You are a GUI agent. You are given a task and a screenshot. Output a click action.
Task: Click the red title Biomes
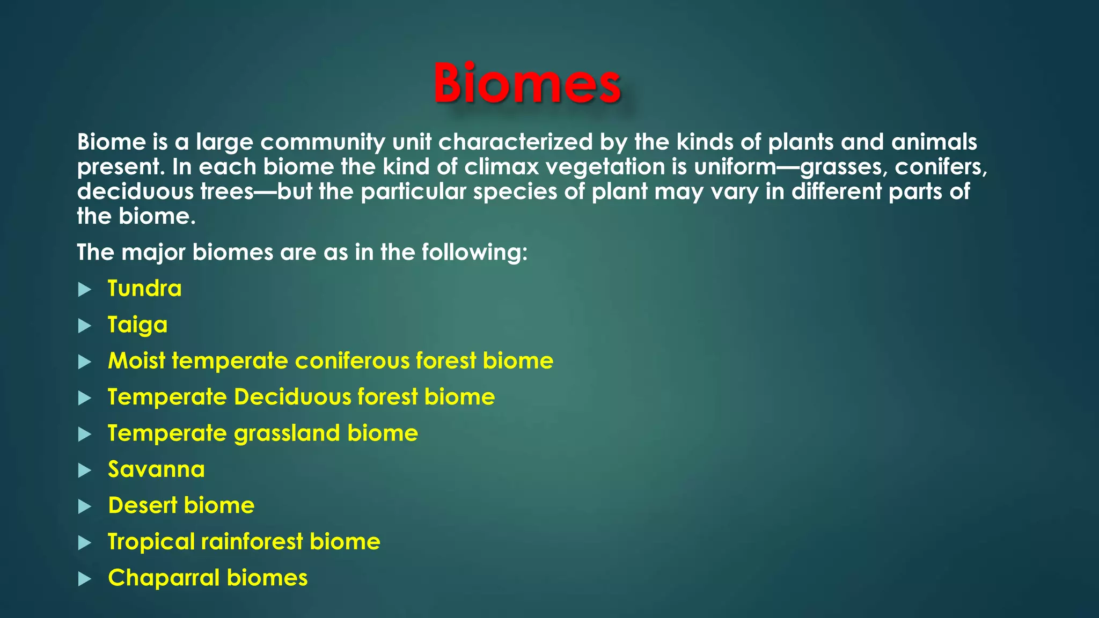point(526,83)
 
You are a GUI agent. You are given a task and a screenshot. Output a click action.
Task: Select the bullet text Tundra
point(144,289)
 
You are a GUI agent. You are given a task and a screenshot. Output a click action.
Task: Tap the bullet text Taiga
point(137,325)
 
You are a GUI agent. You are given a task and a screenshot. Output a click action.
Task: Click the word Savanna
point(156,469)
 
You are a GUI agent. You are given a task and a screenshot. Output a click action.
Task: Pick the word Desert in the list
point(142,505)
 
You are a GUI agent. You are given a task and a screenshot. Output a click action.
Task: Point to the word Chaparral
point(164,578)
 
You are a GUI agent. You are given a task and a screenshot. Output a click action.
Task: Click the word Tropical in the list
point(151,542)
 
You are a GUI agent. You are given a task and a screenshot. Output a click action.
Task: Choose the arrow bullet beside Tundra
point(84,290)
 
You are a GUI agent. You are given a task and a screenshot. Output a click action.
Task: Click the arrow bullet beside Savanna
point(84,470)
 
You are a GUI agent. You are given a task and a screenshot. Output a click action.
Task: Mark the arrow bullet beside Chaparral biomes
point(84,579)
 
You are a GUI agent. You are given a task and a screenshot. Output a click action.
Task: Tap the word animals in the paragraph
point(934,142)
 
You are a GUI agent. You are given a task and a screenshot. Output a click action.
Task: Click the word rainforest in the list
point(252,542)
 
